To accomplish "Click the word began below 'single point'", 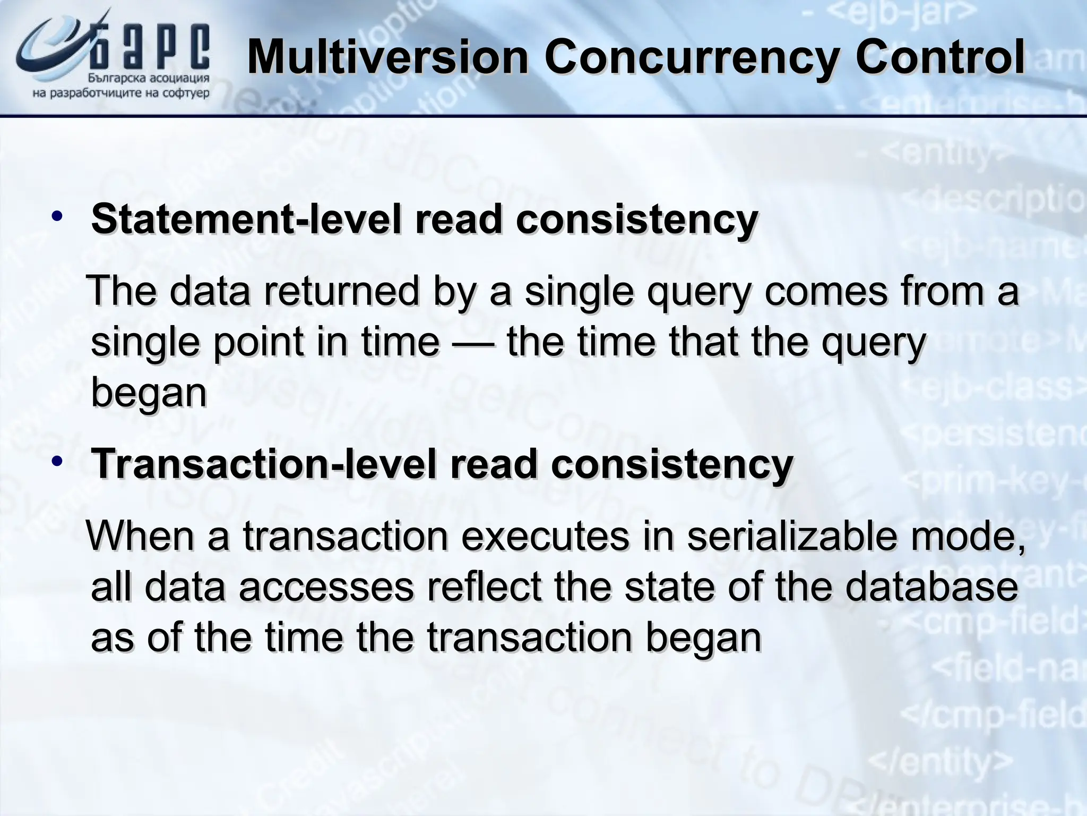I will pyautogui.click(x=149, y=393).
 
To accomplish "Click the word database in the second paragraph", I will pyautogui.click(x=931, y=587).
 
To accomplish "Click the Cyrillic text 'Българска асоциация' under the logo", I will pyautogui.click(x=148, y=79).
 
